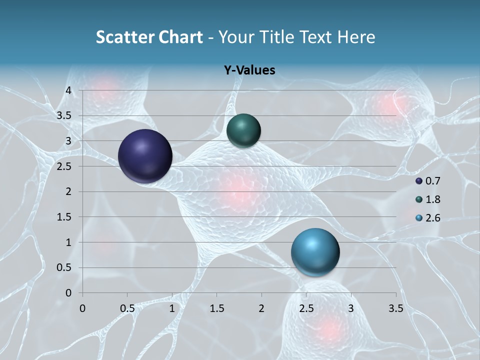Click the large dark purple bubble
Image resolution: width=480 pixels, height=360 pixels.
(145, 156)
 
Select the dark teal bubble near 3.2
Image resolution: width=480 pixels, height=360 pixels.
(243, 130)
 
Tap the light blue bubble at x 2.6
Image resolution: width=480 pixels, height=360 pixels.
(315, 252)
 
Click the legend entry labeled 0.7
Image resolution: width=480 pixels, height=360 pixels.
(428, 181)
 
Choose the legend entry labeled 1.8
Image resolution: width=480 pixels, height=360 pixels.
(428, 199)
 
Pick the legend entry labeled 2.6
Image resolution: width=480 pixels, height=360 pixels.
(428, 218)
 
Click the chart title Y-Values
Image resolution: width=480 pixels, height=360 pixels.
(249, 70)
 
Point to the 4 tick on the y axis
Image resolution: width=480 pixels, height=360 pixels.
(68, 90)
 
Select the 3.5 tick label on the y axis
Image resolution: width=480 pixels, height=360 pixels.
(64, 115)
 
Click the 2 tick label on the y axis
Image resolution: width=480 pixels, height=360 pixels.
(68, 191)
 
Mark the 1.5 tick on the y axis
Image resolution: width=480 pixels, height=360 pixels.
(64, 217)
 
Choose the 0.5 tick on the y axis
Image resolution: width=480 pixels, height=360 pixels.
(64, 267)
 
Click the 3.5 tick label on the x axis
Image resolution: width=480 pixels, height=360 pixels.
(395, 308)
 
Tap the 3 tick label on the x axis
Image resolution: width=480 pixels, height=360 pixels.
(351, 308)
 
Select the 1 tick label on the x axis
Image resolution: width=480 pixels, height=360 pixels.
(172, 308)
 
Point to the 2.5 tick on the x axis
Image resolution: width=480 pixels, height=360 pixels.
(306, 308)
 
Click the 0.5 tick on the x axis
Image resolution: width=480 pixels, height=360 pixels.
(127, 308)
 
